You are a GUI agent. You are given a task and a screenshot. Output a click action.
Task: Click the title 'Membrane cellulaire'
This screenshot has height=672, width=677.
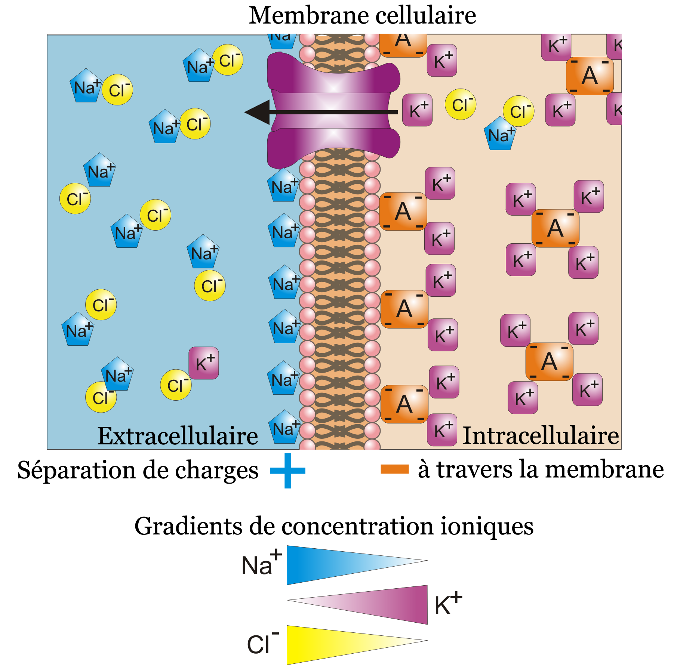tap(362, 16)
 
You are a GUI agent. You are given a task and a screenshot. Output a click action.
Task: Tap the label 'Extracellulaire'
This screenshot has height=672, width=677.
tap(178, 436)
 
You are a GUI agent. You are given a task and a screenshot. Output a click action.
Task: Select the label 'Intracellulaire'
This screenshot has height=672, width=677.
tap(541, 436)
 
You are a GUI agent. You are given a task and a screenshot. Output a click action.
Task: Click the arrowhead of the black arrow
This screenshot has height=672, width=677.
tap(258, 112)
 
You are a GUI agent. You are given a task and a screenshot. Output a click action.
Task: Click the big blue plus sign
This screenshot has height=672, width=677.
tap(287, 471)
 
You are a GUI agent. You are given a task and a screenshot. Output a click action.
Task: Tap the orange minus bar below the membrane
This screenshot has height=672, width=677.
tap(394, 469)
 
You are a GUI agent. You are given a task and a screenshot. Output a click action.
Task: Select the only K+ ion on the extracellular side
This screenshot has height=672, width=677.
tap(204, 363)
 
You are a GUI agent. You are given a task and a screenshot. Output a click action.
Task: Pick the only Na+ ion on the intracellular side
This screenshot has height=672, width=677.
tap(500, 134)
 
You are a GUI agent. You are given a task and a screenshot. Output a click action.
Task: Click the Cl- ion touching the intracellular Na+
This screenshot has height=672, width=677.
tap(518, 111)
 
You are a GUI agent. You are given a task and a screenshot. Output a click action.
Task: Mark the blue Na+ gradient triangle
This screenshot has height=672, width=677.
tap(336, 564)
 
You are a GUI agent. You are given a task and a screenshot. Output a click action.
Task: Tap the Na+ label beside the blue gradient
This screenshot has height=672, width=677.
tap(261, 564)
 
